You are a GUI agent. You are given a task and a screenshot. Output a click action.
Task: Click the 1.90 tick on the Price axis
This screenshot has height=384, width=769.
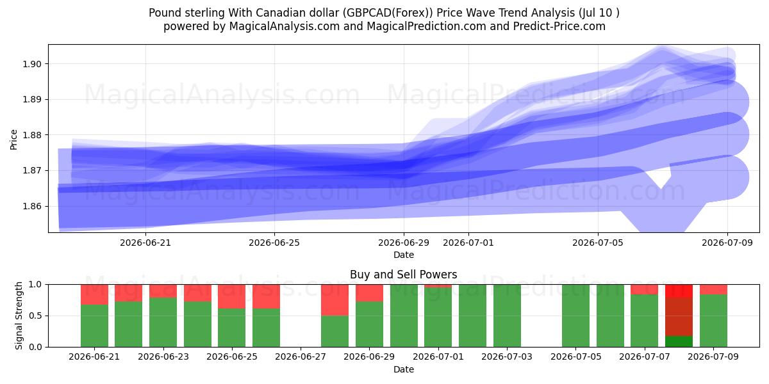pos(31,64)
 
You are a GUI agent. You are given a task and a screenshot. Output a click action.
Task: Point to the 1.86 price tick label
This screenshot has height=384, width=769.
pos(31,206)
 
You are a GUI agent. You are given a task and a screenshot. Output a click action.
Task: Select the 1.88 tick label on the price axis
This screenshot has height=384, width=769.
pos(31,135)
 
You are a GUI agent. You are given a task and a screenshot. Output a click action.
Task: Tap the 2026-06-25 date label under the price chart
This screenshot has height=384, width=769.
pos(274,243)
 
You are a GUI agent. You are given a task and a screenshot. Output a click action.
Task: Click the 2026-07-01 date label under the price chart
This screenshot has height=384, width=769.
pos(468,243)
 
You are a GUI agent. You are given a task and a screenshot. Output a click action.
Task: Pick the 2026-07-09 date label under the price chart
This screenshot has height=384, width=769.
pos(727,243)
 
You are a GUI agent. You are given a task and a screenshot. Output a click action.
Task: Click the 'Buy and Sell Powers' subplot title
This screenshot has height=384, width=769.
pos(403,275)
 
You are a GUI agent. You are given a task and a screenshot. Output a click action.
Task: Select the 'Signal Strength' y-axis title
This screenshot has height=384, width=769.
pos(19,316)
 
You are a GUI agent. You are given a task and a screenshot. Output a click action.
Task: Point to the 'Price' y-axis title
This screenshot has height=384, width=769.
pos(13,140)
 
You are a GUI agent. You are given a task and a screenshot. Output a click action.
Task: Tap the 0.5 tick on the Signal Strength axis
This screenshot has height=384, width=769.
pos(35,316)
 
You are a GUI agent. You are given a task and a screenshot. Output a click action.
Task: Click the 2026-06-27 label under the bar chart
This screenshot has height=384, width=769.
pos(301,356)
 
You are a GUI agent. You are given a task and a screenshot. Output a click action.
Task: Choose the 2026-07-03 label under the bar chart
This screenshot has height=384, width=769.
pos(507,356)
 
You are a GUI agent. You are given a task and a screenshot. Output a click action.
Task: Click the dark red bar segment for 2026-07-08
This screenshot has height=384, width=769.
pos(679,317)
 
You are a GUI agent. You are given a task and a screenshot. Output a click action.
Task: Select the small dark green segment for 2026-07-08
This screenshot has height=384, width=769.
pos(679,342)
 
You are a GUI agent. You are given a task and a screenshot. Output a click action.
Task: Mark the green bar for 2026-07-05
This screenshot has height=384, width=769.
pos(575,316)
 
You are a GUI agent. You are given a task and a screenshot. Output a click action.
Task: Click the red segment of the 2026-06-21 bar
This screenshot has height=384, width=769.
pos(94,294)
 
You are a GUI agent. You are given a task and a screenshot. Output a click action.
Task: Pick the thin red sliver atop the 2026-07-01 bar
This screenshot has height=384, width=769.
pos(438,286)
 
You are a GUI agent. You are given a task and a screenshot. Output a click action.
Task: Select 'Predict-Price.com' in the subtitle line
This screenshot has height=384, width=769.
pos(559,26)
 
